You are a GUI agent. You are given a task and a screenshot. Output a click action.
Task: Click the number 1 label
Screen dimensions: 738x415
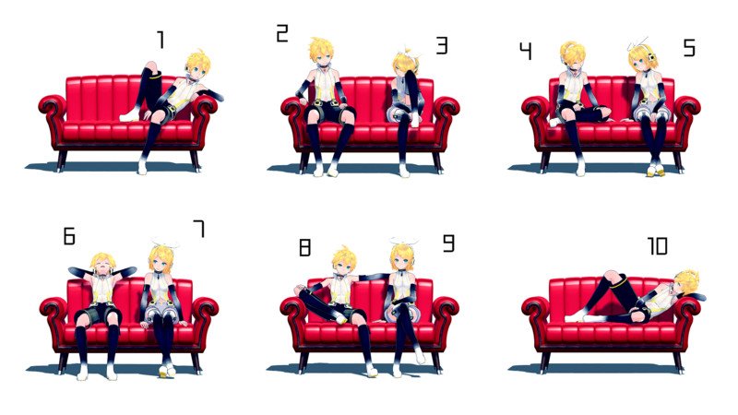161,40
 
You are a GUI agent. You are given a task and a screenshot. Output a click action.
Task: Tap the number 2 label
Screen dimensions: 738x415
282,34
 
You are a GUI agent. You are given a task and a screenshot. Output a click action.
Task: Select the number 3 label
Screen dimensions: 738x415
442,45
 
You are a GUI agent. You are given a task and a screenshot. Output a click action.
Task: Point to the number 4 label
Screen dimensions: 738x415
526,51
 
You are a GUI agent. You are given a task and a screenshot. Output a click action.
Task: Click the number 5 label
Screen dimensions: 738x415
689,48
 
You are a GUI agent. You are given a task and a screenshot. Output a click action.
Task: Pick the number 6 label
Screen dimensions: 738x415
69,236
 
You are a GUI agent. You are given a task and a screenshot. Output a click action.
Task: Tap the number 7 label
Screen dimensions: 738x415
199,229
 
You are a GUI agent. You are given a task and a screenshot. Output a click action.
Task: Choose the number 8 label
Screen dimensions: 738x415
305,247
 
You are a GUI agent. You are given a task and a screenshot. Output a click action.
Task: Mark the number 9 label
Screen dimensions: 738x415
449,243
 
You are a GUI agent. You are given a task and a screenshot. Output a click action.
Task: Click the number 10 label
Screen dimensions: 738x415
658,245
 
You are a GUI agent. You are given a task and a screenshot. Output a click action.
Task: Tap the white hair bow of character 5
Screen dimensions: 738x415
637,42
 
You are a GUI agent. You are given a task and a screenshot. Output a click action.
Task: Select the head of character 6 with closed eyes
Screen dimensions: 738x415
102,265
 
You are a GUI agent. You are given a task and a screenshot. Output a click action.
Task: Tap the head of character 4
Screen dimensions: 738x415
572,55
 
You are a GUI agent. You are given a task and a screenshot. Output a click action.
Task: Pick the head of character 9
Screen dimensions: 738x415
402,257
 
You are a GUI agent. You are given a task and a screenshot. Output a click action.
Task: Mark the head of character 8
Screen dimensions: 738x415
344,260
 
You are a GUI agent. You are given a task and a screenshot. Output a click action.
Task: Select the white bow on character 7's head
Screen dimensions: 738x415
165,243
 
